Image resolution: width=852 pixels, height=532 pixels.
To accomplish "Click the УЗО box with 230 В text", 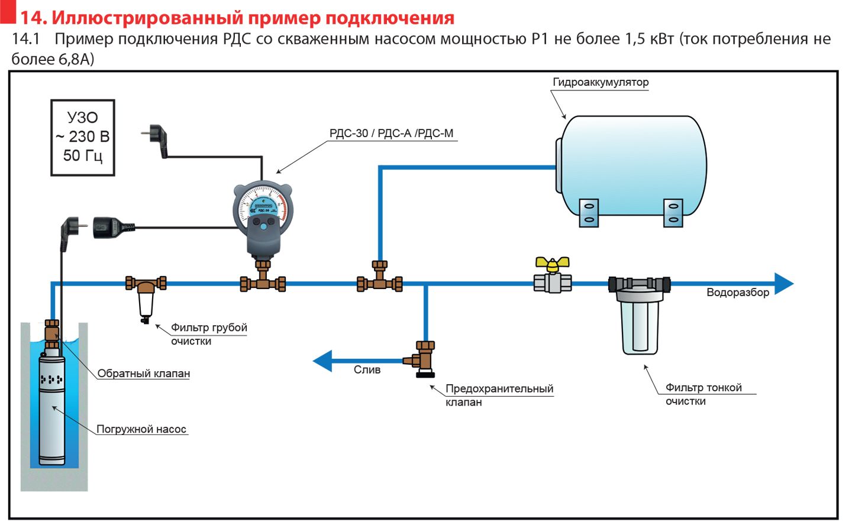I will click(x=83, y=137).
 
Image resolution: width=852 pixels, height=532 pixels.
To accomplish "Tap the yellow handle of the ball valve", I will click(x=552, y=263).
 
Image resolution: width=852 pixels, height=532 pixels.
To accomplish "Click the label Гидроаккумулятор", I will click(x=601, y=82).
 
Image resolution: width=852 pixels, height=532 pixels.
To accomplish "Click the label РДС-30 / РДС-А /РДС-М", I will click(x=391, y=134).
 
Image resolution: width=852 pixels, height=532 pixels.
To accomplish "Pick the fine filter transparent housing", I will click(x=640, y=325).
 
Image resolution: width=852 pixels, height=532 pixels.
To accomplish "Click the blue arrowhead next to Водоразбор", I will click(x=783, y=284).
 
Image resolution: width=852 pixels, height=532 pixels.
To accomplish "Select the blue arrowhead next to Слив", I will click(x=323, y=361).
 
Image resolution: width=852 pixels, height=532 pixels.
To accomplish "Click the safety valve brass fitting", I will click(x=424, y=358).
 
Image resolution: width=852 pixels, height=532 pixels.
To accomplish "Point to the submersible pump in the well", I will click(x=52, y=408).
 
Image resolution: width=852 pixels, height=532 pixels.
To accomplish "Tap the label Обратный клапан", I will click(x=144, y=374).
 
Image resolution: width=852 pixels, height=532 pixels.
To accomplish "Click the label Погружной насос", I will click(x=141, y=430).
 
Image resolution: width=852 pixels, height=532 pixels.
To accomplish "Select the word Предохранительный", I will click(x=499, y=389).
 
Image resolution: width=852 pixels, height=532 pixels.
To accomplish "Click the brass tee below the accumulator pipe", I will click(x=380, y=281).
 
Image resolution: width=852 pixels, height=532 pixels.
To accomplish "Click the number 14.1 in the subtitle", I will click(x=25, y=39).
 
